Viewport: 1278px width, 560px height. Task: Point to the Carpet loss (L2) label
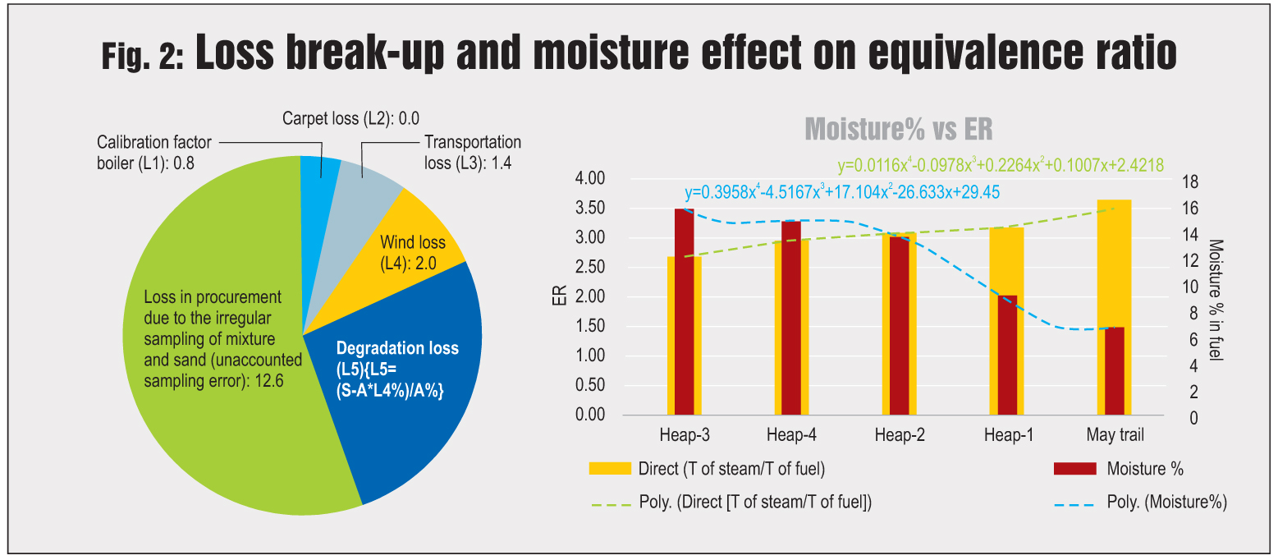tap(344, 118)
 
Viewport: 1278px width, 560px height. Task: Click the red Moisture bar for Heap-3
tap(685, 312)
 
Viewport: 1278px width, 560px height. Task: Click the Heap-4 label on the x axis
tap(791, 434)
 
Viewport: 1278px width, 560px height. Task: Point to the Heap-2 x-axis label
tap(900, 434)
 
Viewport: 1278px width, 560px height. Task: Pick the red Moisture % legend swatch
tap(1074, 469)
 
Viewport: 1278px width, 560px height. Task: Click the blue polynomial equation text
tap(842, 193)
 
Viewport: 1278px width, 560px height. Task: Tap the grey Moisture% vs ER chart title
tap(899, 130)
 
